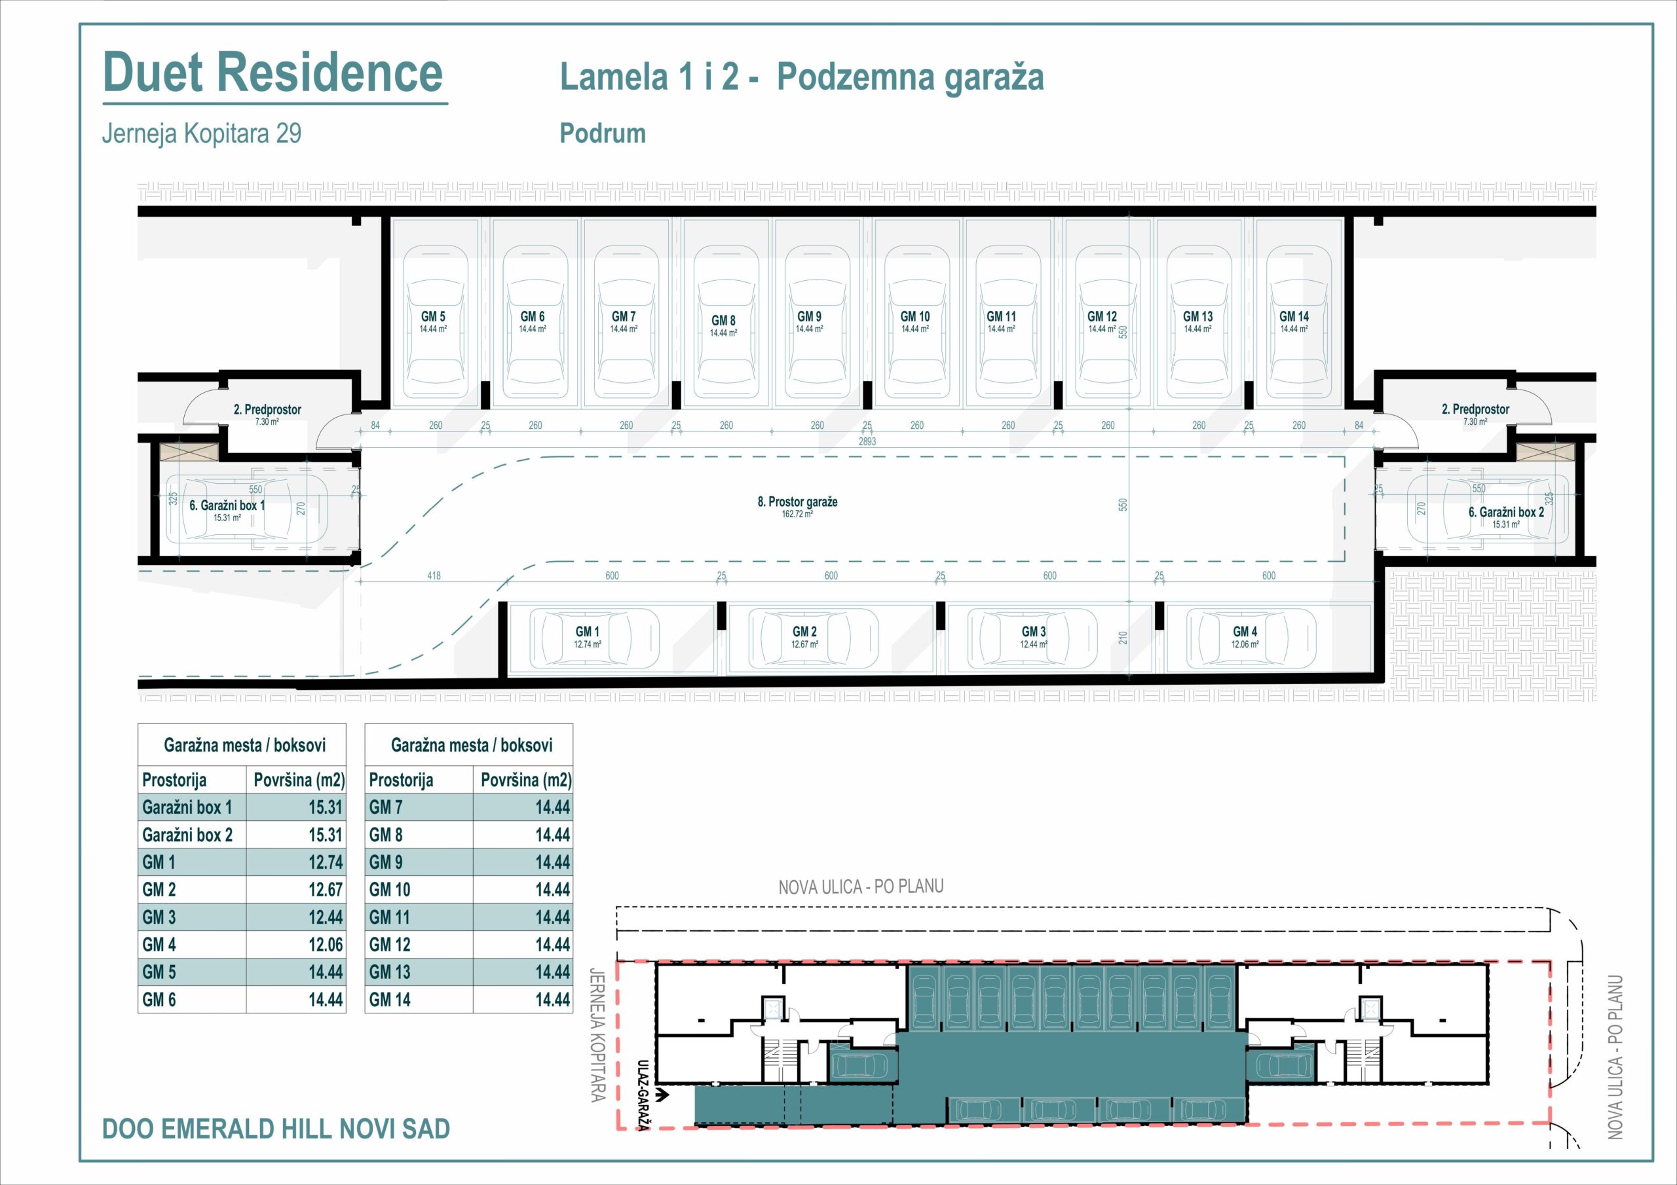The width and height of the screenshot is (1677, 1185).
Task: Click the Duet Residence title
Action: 273,72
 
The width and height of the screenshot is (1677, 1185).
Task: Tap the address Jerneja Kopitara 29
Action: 202,134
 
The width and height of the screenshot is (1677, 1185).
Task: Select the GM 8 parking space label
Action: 723,321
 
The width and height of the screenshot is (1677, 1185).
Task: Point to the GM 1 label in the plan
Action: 587,632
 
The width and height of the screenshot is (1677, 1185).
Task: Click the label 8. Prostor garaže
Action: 798,502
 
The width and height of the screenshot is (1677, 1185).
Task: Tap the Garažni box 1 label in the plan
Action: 227,505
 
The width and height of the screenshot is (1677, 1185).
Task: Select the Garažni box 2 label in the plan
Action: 1506,513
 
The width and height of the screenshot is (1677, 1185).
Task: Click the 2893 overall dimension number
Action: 867,442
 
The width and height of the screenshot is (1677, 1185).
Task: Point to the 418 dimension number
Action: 434,576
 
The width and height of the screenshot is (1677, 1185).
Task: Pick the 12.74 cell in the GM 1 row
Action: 325,862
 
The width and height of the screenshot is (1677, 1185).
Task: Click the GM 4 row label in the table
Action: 159,945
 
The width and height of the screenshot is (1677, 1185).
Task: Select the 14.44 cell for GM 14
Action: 552,1000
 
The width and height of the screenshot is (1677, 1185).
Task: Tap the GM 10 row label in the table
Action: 389,890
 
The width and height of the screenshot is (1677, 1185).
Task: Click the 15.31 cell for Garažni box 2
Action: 325,835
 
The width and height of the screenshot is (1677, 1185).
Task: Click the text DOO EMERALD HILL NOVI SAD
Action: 276,1129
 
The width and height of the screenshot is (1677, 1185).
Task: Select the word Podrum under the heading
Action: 603,134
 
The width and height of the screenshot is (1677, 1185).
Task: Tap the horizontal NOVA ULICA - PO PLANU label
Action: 861,887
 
